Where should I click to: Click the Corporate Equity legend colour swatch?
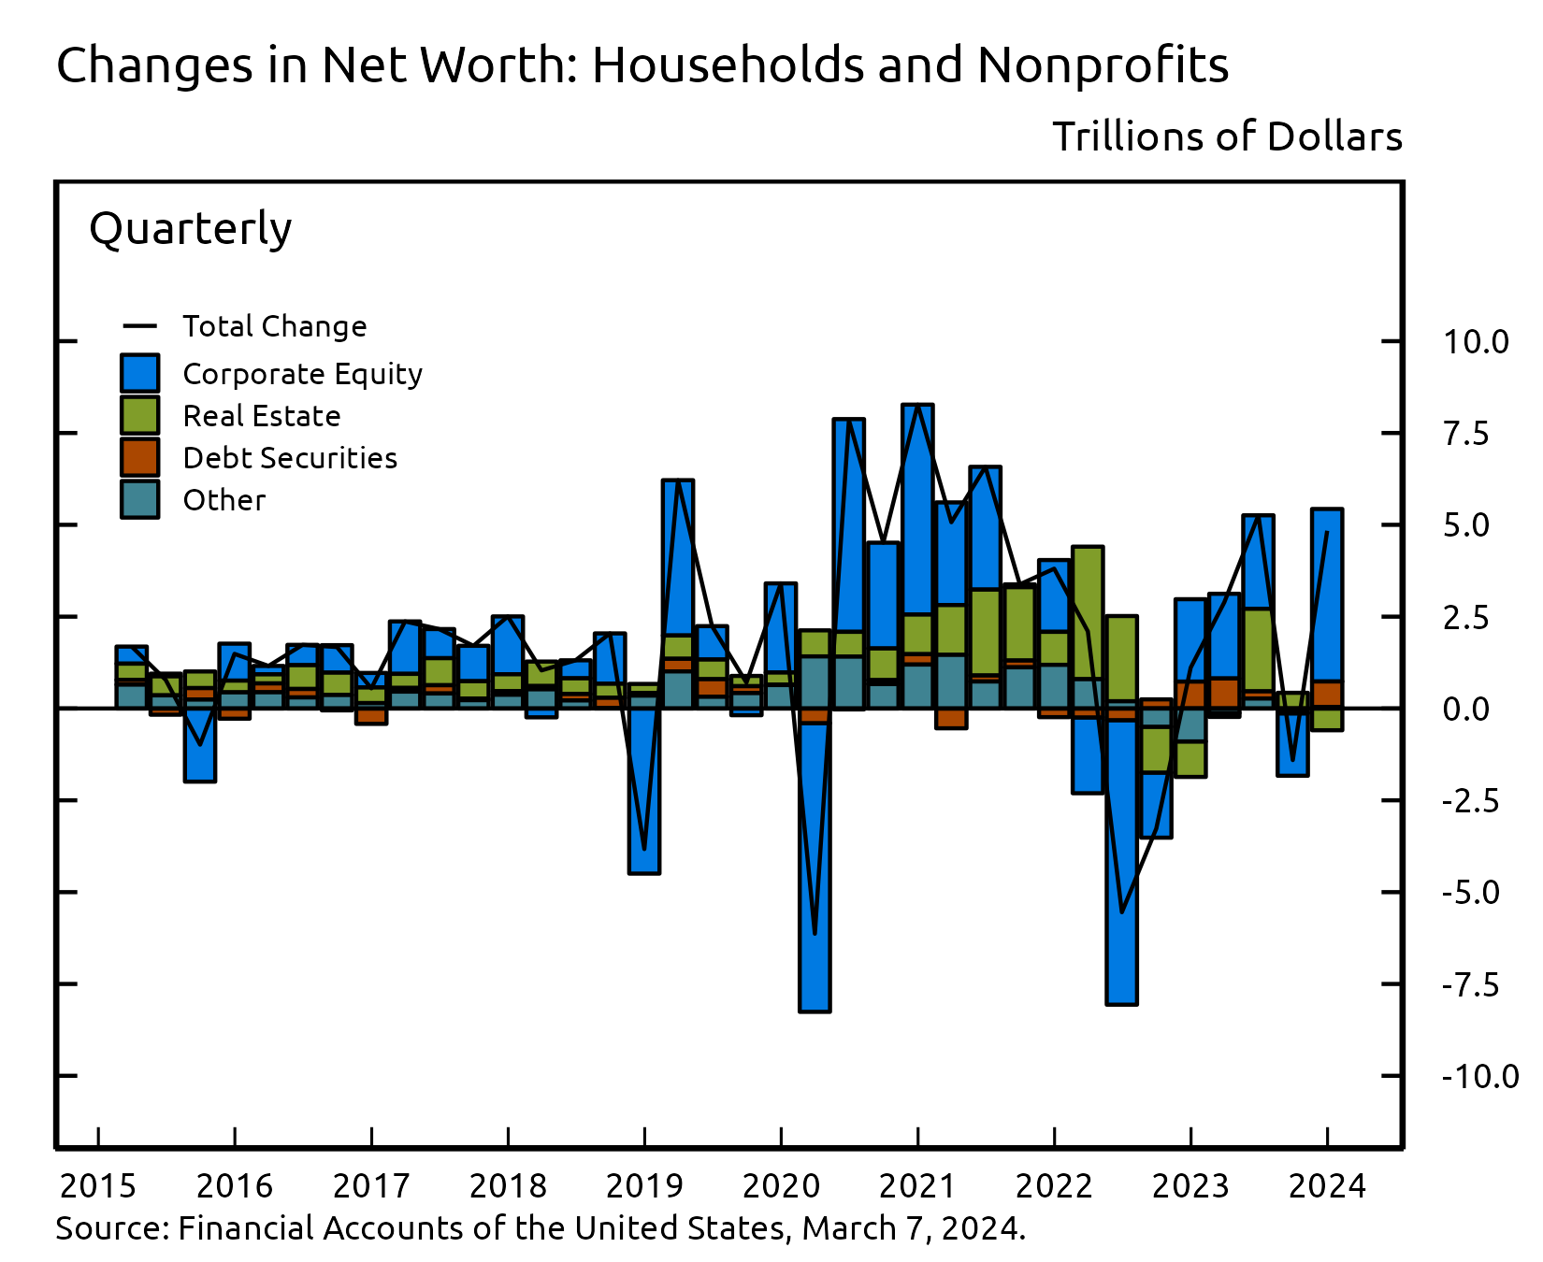point(139,373)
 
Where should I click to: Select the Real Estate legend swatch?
point(139,415)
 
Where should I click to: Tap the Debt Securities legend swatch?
point(139,457)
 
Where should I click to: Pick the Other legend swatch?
point(139,499)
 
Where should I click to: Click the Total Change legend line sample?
point(139,326)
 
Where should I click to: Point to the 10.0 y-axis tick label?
point(1476,342)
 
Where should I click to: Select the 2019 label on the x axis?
point(644,1186)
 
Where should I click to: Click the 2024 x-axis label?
point(1327,1186)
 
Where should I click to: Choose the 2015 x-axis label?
point(98,1186)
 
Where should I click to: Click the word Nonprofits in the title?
point(1103,65)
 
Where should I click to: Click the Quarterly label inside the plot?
point(191,228)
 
